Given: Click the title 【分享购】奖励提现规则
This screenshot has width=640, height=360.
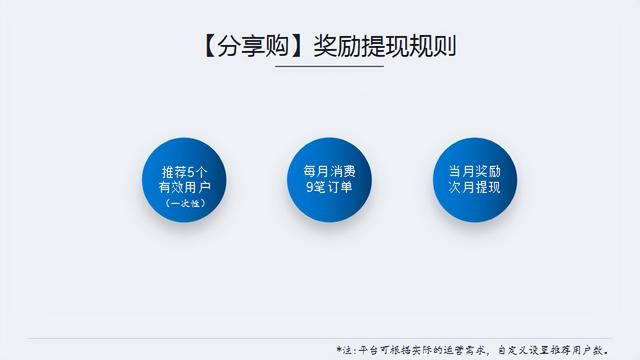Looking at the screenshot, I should (320, 47).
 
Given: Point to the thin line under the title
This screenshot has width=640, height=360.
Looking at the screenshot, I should (320, 68).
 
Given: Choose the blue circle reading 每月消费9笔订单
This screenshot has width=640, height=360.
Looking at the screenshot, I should (323, 179).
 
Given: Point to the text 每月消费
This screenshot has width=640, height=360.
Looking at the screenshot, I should (323, 170).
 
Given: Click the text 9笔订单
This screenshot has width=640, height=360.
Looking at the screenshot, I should (322, 187).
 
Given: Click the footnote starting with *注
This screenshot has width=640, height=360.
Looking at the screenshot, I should (471, 349).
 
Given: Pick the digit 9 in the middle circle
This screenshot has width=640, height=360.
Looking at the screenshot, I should (297, 187).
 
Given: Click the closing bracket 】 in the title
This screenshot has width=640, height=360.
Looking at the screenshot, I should (295, 47).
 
